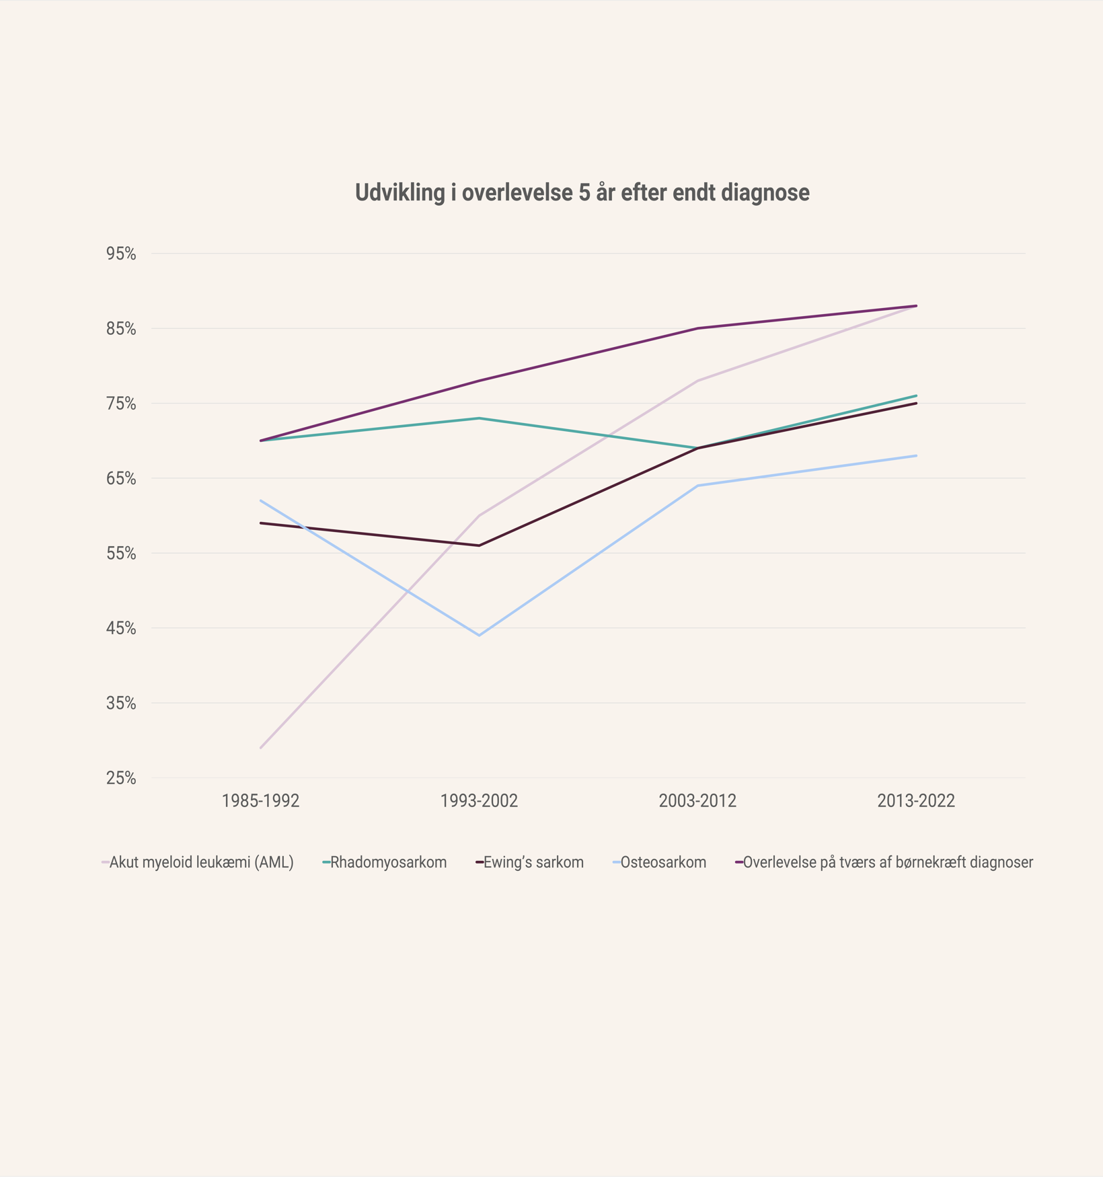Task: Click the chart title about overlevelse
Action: [582, 193]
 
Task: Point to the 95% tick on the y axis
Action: [121, 254]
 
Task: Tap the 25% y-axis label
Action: [121, 778]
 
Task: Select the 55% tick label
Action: [121, 554]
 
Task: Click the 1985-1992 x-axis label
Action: [260, 801]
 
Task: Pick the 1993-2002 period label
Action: [479, 801]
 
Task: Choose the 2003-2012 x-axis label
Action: [697, 801]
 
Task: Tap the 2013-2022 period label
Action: [916, 801]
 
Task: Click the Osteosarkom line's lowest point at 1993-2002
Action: [479, 635]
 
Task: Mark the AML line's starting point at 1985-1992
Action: [260, 748]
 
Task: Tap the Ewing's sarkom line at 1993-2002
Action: [479, 545]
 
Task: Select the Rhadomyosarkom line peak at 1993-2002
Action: [479, 418]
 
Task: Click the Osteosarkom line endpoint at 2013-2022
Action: [916, 456]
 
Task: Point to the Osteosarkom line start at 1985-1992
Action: [260, 500]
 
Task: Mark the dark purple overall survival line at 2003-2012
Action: [697, 328]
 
